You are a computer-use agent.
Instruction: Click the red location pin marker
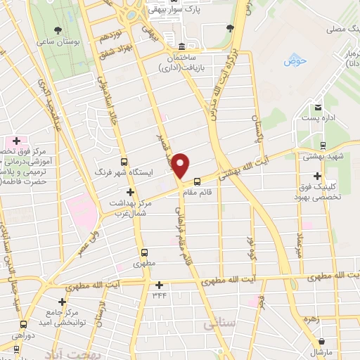click(x=181, y=166)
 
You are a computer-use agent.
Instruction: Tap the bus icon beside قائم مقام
click(x=198, y=180)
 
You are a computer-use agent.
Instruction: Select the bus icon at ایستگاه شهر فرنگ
click(x=124, y=160)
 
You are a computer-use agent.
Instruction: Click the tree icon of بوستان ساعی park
click(x=58, y=30)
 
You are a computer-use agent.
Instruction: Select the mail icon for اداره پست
click(x=318, y=107)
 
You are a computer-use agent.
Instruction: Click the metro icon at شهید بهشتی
click(x=323, y=146)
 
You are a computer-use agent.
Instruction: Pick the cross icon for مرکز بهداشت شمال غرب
click(x=129, y=192)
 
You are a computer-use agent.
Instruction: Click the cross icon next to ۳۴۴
click(x=160, y=285)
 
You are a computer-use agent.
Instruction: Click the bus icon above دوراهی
click(x=25, y=324)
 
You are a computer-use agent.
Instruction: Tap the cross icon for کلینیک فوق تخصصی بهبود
click(x=319, y=175)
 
